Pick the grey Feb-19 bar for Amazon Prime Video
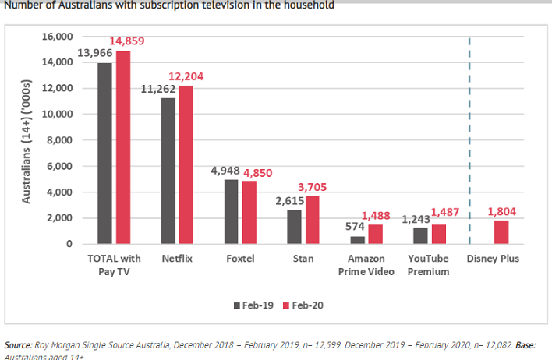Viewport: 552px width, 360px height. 356,240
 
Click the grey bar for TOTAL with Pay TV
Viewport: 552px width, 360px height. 105,153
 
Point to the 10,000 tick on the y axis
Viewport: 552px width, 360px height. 58,114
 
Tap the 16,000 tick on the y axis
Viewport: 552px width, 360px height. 58,37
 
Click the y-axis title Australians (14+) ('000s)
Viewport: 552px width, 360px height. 26,140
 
